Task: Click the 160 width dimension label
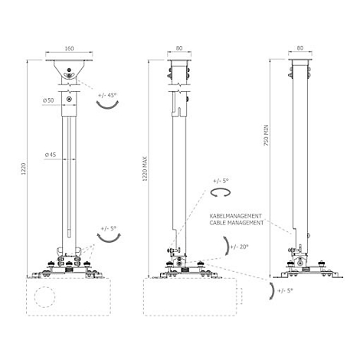tap(69, 48)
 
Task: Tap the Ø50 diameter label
tap(48, 100)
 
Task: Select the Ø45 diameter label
tap(51, 155)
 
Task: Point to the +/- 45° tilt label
tap(107, 95)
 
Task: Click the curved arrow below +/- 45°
tap(107, 106)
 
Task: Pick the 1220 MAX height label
tap(145, 169)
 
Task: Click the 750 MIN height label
tap(267, 135)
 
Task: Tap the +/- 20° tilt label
tap(239, 247)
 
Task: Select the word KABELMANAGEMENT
tap(236, 216)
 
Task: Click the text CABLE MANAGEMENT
tap(237, 223)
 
